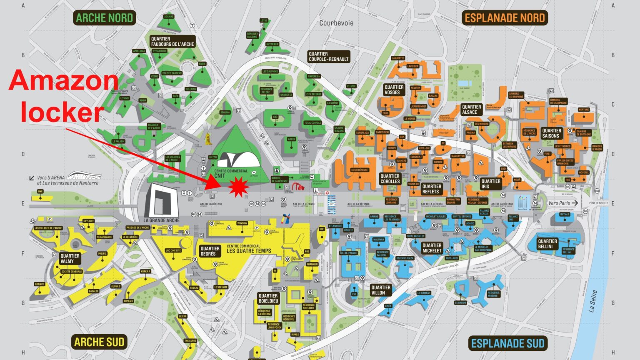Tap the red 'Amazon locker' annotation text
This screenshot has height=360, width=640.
coord(63,96)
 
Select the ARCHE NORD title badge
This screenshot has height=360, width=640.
coord(104,18)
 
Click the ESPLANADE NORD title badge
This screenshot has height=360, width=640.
coord(505,18)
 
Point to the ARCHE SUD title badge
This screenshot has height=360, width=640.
coord(99,342)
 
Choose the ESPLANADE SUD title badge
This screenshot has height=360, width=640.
coord(507,343)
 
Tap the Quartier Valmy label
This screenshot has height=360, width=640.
coord(70,258)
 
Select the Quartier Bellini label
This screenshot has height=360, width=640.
coord(547,244)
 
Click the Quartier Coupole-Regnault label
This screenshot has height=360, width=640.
coord(328,57)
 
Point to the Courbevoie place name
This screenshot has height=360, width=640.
coord(336,23)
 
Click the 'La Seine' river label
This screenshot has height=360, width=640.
coord(593,301)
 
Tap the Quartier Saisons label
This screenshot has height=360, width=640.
coord(551,133)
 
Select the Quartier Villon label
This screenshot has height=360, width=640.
coord(380,290)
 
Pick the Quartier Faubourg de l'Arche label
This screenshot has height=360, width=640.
coord(172,42)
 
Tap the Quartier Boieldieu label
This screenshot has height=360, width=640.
coord(268,298)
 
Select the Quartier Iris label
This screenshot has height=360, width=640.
coord(490,184)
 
